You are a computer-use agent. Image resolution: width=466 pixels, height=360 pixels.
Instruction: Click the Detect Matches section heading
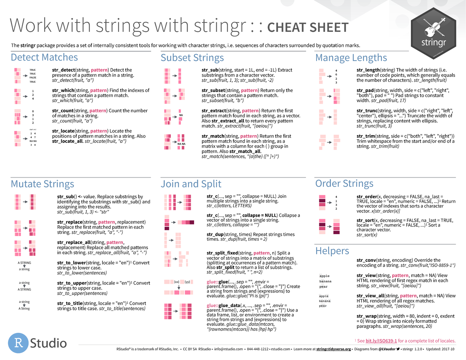44,57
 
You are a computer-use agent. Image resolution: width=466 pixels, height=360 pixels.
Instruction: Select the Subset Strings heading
192,58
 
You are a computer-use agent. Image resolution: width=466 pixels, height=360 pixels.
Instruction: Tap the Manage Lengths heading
351,58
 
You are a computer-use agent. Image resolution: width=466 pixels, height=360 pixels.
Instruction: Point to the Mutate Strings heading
42,184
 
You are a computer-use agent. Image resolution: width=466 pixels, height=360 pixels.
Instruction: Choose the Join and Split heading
191,184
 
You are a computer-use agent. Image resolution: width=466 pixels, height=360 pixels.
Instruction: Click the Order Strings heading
344,183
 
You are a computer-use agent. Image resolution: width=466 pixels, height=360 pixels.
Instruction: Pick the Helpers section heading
332,250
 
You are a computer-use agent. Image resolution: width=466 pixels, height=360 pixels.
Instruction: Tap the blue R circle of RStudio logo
19,343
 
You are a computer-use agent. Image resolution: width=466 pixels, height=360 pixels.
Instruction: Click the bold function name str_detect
65,70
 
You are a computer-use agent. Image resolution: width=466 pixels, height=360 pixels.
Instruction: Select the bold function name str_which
64,90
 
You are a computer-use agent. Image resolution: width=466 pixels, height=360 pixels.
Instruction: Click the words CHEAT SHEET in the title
308,28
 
